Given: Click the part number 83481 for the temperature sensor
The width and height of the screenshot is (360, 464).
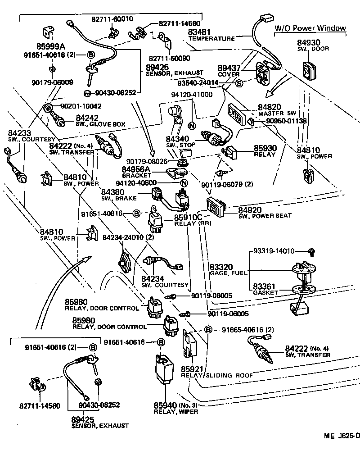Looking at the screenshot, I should coord(199,32).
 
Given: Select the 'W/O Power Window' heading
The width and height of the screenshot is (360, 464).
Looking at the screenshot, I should coord(310,28).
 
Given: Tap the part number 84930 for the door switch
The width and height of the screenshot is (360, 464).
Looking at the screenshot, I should coord(308,43).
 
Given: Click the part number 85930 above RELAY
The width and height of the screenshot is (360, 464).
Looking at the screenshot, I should coord(266,148).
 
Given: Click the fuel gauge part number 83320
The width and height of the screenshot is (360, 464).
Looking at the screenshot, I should coord(221,267).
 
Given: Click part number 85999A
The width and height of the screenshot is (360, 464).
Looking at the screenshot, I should coord(51,46).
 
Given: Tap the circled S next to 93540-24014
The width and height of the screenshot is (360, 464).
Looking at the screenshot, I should coord(239,83).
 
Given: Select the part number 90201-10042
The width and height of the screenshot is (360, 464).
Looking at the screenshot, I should coord(81,106).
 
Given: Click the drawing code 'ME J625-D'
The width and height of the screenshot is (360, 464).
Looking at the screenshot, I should coord(342,436).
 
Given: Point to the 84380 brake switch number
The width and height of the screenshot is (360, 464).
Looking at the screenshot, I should coord(112,192).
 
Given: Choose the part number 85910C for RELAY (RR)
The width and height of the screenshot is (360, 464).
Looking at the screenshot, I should coord(189,218).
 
